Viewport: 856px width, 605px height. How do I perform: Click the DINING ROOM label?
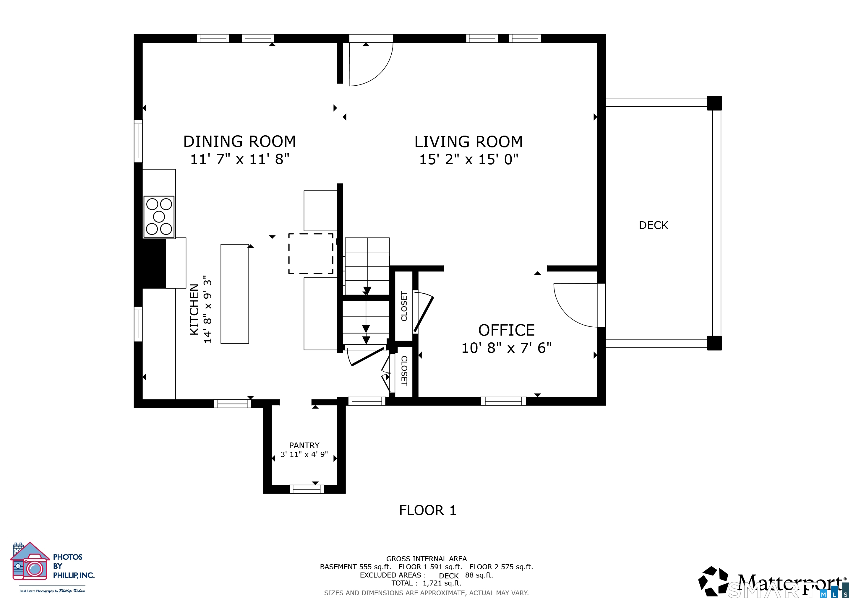239,142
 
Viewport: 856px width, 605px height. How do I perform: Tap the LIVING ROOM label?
468,142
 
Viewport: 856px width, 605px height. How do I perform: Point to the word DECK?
653,225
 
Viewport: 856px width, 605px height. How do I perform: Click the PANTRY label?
304,445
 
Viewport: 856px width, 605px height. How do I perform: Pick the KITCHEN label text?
194,309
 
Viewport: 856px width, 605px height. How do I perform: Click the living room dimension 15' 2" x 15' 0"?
468,160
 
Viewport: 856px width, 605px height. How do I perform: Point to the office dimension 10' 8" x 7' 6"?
506,348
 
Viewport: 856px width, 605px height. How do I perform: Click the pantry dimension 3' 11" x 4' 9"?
304,455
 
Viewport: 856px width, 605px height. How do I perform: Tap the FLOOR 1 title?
428,510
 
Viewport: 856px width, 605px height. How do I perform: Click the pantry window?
307,489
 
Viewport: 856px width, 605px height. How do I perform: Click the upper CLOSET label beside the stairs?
404,306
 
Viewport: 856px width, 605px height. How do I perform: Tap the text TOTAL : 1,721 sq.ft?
426,583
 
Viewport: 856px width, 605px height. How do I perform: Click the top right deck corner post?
714,103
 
